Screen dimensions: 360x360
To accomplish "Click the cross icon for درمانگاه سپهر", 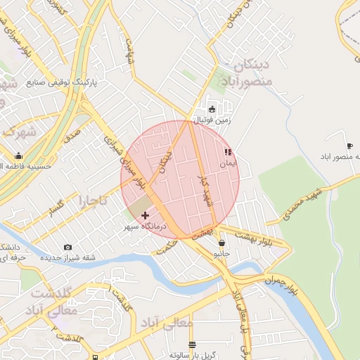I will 146,214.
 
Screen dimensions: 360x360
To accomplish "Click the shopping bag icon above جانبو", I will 221,243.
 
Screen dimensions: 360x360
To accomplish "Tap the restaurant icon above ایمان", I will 227,152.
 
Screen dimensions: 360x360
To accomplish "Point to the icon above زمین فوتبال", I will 212,109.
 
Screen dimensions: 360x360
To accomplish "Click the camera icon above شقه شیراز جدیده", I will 67,247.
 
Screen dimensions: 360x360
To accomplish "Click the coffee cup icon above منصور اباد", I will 349,145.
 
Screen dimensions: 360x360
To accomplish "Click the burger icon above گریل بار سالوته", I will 192,345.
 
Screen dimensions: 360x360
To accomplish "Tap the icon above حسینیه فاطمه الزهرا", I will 18,156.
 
